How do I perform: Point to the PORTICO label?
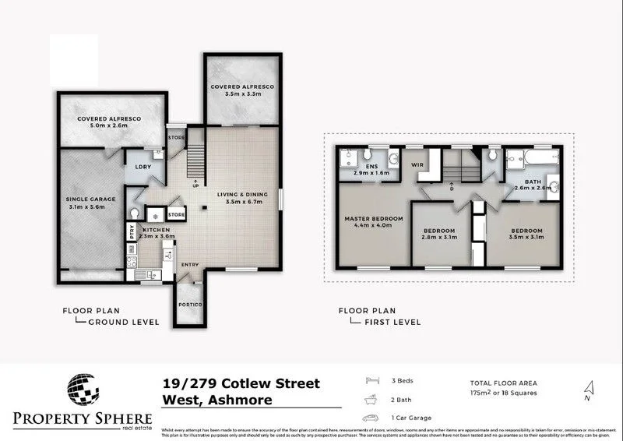tap(189, 305)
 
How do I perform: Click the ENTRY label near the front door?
tap(190, 266)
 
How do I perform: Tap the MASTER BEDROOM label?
tap(374, 219)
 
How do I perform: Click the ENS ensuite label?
tap(361, 165)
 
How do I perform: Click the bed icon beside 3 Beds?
tap(373, 382)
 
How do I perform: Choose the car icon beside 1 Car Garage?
tap(373, 418)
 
